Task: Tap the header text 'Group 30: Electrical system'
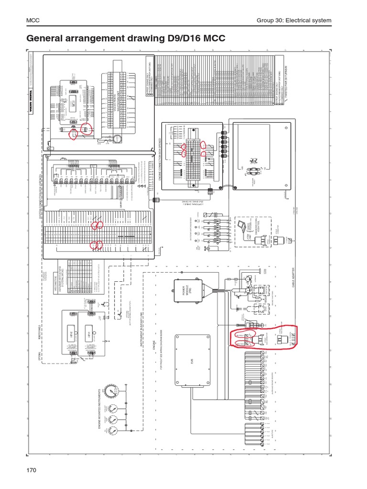(293, 20)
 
